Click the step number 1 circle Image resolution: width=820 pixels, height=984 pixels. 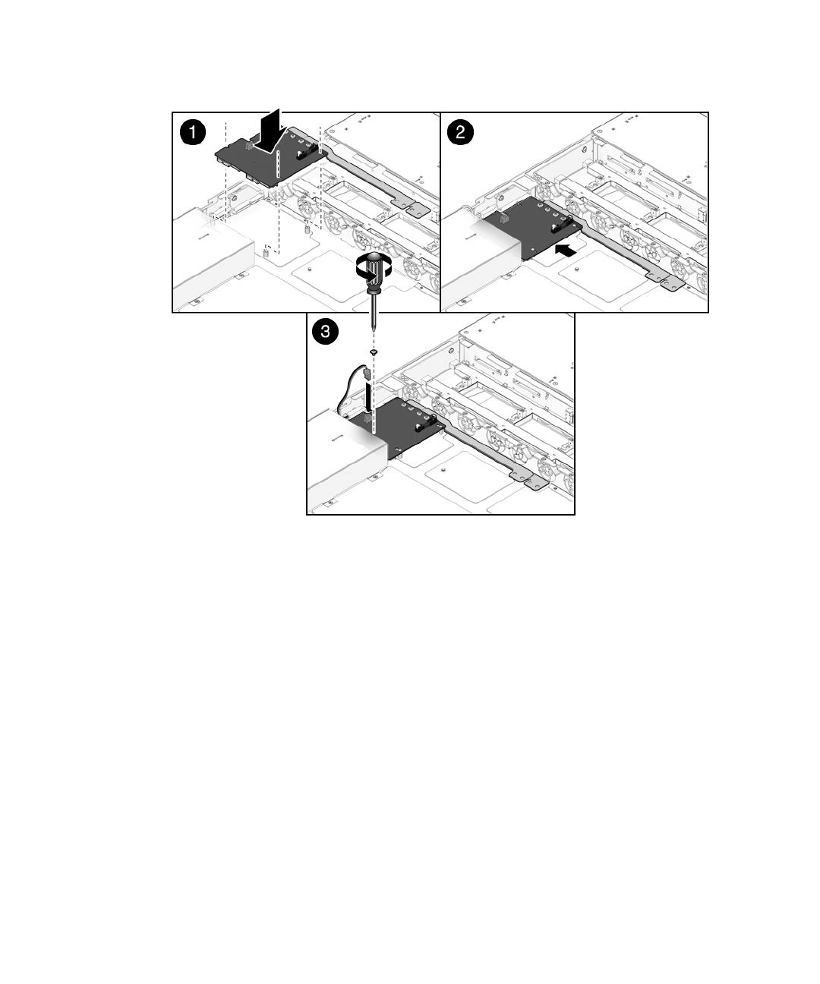(x=193, y=132)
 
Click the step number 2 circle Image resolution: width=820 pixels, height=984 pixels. (x=460, y=132)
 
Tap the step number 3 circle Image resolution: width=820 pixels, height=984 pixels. (x=325, y=331)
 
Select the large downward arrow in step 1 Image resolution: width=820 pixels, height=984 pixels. (x=270, y=131)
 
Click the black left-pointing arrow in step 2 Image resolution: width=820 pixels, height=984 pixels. (x=565, y=251)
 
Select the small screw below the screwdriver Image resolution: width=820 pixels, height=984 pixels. (x=374, y=352)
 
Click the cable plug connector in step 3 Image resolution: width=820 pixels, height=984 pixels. (x=367, y=375)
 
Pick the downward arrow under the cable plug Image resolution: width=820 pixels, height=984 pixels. (x=368, y=396)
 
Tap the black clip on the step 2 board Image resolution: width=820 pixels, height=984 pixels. (x=562, y=225)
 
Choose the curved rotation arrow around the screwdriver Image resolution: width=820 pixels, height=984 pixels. (x=374, y=268)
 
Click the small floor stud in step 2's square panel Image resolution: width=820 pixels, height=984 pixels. (x=577, y=270)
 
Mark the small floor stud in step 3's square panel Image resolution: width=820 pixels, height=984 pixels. (x=443, y=470)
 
